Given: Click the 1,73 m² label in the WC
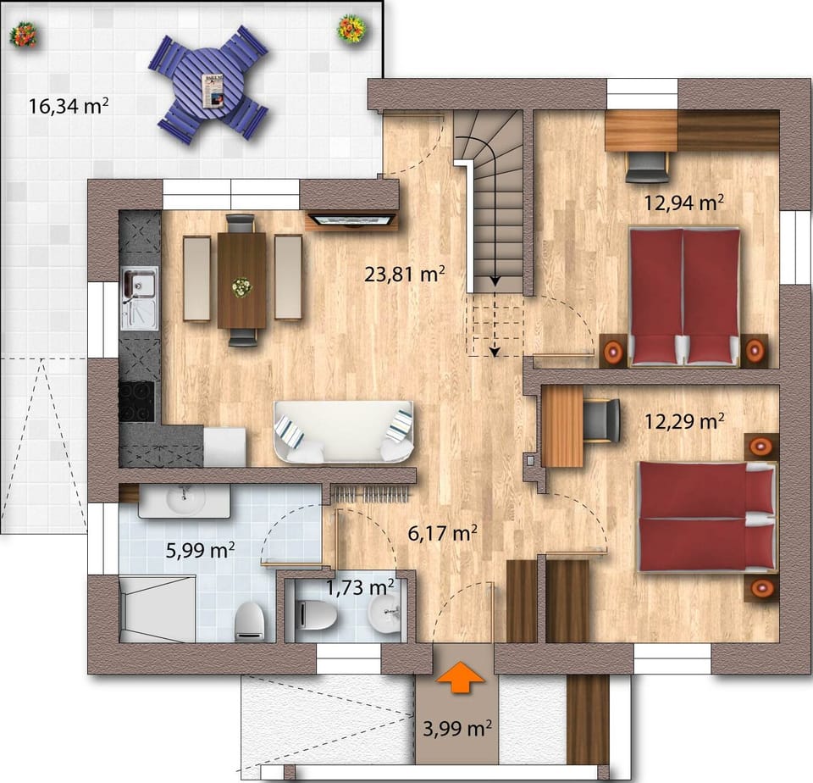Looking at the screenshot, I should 360,586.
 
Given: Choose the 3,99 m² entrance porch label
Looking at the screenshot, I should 457,728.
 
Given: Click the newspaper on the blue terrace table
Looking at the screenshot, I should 213,90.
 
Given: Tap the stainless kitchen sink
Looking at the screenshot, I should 138,298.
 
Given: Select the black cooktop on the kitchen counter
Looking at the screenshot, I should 136,400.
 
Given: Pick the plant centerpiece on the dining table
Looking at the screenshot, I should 242,287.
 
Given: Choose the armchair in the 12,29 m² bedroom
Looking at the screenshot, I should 602,419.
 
